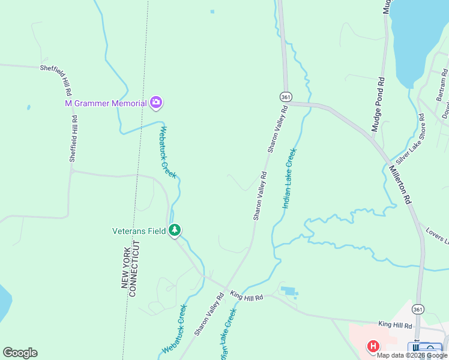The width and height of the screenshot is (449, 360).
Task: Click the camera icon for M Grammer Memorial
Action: pos(156,103)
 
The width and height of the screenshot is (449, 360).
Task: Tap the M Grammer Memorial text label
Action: pos(106,103)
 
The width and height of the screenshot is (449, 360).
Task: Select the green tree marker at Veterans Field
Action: pos(174,230)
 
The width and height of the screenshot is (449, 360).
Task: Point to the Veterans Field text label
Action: pos(139,230)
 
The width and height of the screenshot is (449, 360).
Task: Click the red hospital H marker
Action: pos(373,347)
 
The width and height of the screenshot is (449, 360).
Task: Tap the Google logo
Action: pos(20,352)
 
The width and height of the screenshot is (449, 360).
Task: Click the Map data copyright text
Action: pos(412,355)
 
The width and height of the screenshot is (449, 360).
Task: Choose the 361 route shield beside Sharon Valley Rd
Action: pos(286,97)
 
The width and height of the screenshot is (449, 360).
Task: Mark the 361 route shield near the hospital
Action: pos(418,309)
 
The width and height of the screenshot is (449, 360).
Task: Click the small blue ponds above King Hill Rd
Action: pos(289,292)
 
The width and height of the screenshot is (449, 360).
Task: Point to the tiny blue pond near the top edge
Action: pos(212,11)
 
